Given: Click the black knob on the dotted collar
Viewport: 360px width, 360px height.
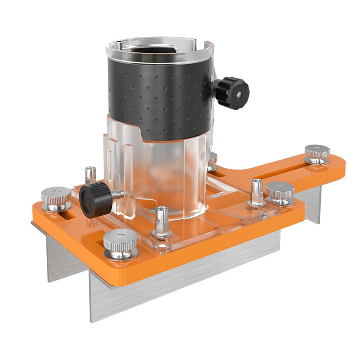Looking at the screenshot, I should (x=232, y=92).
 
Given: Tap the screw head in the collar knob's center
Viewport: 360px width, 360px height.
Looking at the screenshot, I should (x=239, y=94).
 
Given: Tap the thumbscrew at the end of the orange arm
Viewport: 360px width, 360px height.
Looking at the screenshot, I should (x=317, y=154).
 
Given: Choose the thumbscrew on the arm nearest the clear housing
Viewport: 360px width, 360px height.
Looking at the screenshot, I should (x=280, y=193).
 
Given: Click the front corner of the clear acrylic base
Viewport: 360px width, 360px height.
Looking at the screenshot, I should (x=160, y=248).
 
